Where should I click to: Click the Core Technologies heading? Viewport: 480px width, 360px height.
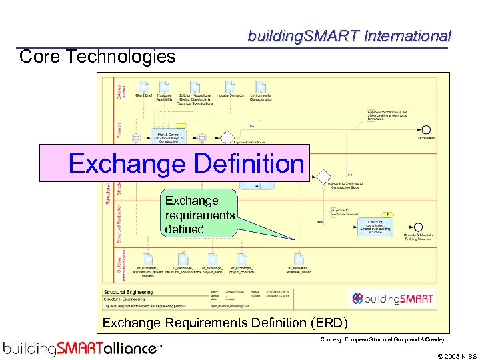97,57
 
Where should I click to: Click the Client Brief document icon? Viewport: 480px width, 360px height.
143,86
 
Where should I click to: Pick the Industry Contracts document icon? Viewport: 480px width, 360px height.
230,86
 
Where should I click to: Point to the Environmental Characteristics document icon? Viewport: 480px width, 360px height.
261,86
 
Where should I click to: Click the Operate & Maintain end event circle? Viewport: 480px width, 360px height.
418,227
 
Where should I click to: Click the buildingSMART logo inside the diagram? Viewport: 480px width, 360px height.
393,299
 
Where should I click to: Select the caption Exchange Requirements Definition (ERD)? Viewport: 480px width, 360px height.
225,323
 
